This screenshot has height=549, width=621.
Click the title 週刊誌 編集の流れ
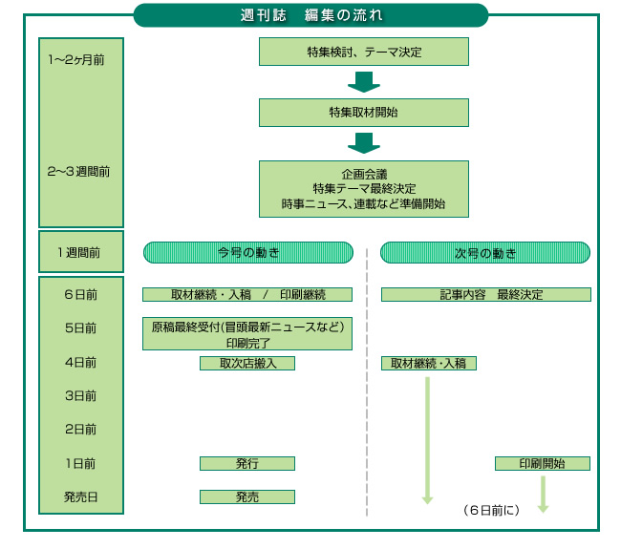point(310,14)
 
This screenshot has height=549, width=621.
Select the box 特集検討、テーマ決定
point(363,52)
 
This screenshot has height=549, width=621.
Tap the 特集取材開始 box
point(363,112)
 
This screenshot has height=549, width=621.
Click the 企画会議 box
point(363,189)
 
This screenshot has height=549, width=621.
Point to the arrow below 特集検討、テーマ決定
point(364,82)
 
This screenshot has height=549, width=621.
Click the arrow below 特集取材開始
point(364,143)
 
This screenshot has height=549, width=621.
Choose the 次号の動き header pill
point(485,253)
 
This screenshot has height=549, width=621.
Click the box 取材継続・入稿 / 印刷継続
point(247,294)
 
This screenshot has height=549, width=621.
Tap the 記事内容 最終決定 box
point(485,294)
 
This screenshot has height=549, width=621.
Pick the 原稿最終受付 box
point(247,333)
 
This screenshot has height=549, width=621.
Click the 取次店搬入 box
point(247,363)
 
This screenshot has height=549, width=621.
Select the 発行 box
point(247,463)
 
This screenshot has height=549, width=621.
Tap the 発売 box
point(247,496)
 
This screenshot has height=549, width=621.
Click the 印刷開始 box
point(542,463)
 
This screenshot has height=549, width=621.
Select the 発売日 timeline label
point(80,496)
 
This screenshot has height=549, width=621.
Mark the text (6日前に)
point(491,511)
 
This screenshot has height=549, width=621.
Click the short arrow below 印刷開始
point(543,494)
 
